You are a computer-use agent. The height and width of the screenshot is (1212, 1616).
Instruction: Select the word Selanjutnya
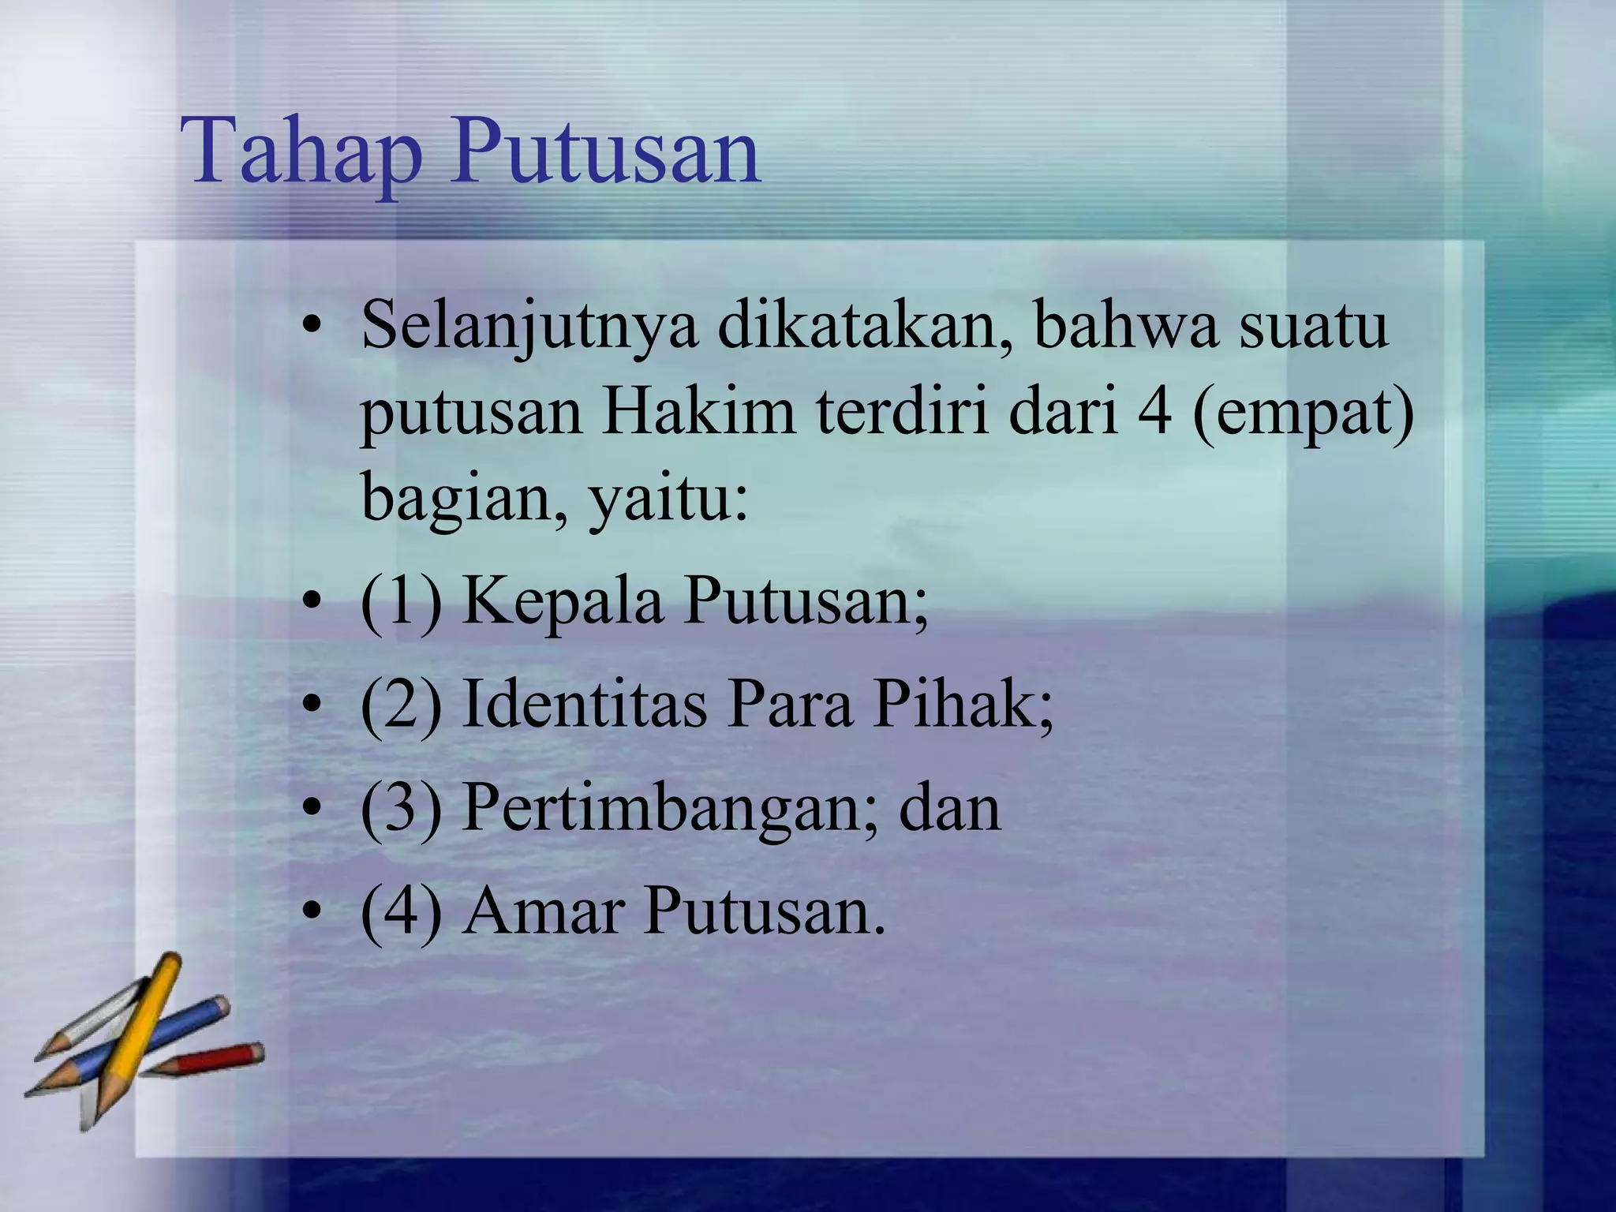529,326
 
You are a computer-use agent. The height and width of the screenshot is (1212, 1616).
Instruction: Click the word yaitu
668,499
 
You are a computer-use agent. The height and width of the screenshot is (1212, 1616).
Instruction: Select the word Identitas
584,704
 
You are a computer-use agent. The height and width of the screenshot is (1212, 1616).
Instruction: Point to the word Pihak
963,704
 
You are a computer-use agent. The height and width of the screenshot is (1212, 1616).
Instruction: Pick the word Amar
541,911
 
